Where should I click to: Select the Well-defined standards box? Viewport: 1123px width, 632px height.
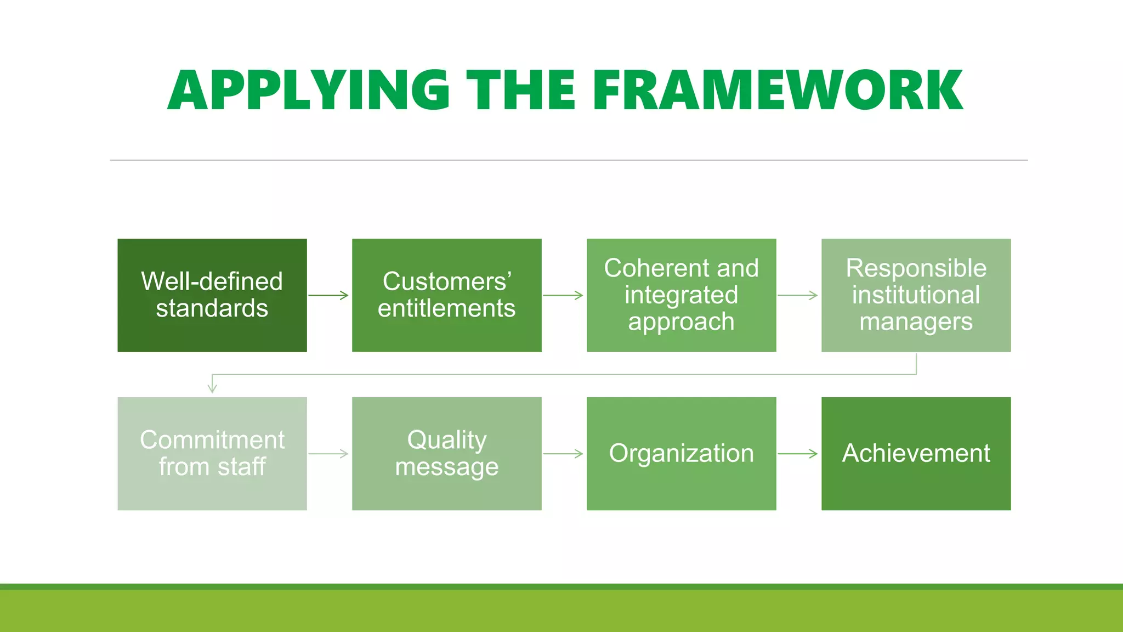coord(212,295)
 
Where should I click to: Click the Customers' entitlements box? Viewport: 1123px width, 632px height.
coord(446,295)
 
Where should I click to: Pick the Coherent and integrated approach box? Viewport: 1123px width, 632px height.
coord(681,295)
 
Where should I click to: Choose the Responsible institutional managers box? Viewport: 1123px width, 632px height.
coord(916,295)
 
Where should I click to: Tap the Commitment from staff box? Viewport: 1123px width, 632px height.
coord(212,454)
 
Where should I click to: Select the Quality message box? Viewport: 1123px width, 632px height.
coord(446,454)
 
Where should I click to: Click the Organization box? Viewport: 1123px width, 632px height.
coord(681,454)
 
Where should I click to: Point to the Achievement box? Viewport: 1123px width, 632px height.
coord(916,454)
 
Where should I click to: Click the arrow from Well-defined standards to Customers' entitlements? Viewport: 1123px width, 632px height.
coord(328,295)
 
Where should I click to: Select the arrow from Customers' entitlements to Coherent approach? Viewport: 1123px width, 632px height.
coord(563,295)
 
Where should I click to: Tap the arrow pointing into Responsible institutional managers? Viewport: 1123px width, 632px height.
coord(798,295)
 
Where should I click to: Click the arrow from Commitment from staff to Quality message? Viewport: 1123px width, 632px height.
coord(328,454)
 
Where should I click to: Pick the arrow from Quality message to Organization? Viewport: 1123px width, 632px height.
coord(563,454)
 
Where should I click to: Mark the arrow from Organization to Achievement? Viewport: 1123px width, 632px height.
coord(798,454)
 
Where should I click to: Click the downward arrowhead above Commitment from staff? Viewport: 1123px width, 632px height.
coord(212,387)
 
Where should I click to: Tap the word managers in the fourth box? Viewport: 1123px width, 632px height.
coord(916,322)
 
